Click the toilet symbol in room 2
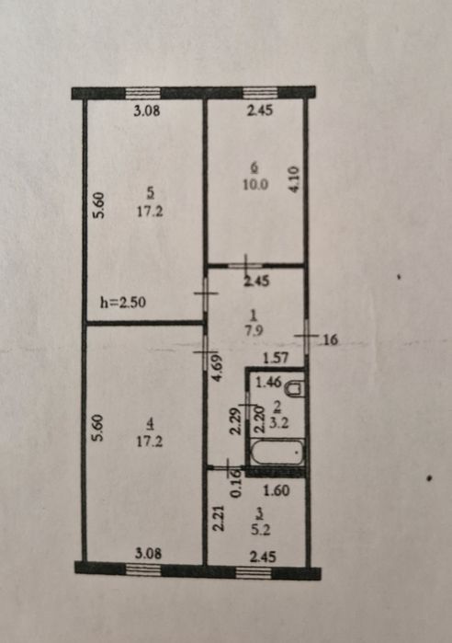[x=295, y=388]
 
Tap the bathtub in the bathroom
[x=277, y=453]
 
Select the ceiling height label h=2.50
[x=123, y=303]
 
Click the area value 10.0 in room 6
[x=255, y=185]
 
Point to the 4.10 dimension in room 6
[x=295, y=178]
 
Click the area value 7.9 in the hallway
[x=254, y=330]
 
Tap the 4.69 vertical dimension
[x=217, y=368]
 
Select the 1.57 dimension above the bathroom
[x=275, y=358]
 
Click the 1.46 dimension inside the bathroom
[x=268, y=382]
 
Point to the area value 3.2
[x=279, y=423]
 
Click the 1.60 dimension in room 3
[x=277, y=490]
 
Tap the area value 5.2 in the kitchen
[x=261, y=530]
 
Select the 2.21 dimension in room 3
[x=219, y=518]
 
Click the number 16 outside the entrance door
[x=331, y=340]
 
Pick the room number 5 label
[x=151, y=192]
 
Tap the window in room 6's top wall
[x=260, y=93]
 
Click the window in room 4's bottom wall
[x=143, y=569]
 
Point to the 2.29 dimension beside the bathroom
[x=234, y=421]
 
